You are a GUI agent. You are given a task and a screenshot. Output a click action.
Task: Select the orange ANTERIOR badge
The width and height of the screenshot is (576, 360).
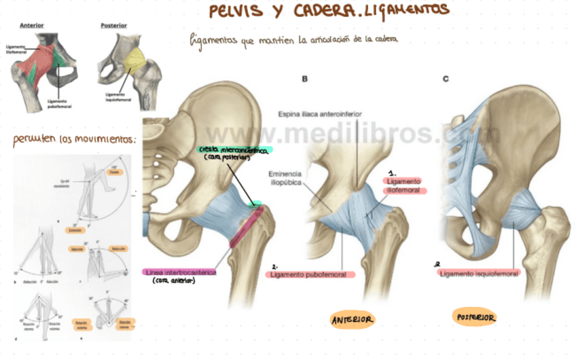pyautogui.click(x=353, y=319)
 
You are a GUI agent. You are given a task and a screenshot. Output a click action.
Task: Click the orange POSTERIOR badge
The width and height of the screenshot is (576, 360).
pyautogui.click(x=475, y=317)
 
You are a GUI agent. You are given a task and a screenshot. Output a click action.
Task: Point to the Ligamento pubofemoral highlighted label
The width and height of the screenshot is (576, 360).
pyautogui.click(x=313, y=274)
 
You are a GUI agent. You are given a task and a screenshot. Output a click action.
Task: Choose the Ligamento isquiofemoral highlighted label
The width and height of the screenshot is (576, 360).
pyautogui.click(x=480, y=274)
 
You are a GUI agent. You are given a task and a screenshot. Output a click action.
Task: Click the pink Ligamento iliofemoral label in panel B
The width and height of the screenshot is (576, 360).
pyautogui.click(x=404, y=186)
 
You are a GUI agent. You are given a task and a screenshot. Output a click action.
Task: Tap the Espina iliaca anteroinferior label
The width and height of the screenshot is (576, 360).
pyautogui.click(x=320, y=114)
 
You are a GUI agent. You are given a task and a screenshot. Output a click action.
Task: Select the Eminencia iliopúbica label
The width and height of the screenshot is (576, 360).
pyautogui.click(x=285, y=178)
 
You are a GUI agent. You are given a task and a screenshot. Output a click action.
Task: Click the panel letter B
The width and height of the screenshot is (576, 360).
pyautogui.click(x=305, y=79)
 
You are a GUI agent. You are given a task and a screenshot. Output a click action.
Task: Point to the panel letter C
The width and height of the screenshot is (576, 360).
pyautogui.click(x=446, y=79)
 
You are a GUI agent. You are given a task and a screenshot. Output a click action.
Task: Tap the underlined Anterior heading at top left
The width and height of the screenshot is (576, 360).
pyautogui.click(x=32, y=25)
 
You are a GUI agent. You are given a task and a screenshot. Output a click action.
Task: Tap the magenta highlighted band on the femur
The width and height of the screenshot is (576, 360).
pyautogui.click(x=245, y=227)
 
